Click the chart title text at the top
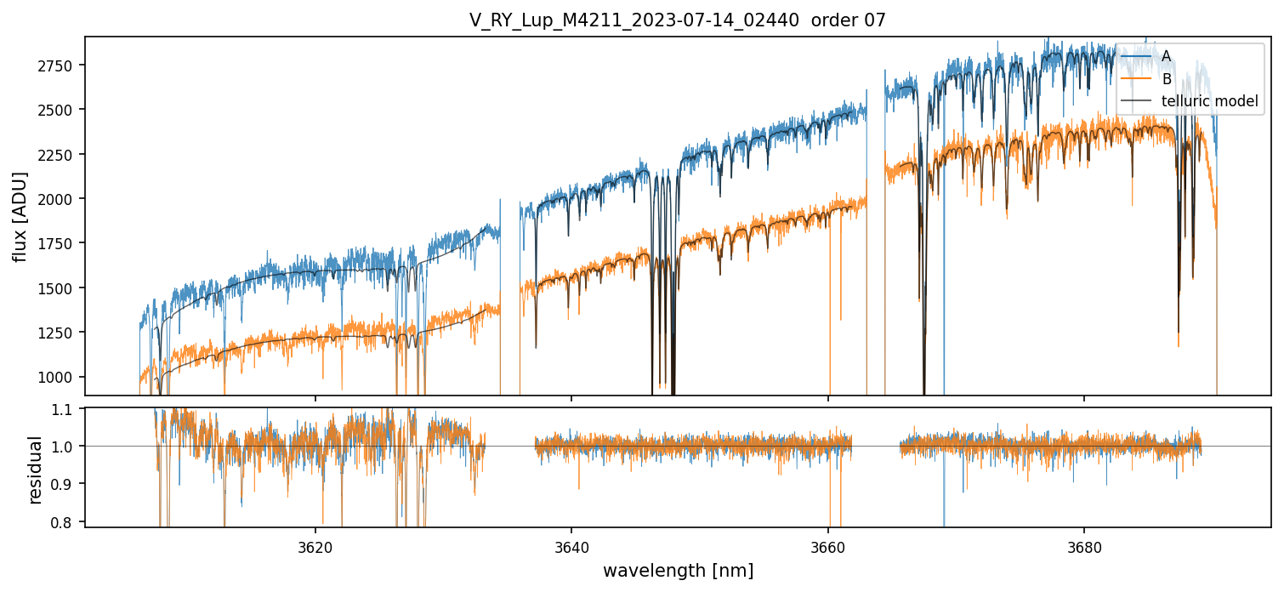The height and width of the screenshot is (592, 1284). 678,20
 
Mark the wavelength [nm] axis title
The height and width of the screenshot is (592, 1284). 678,571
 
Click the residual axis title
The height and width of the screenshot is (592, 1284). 35,469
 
